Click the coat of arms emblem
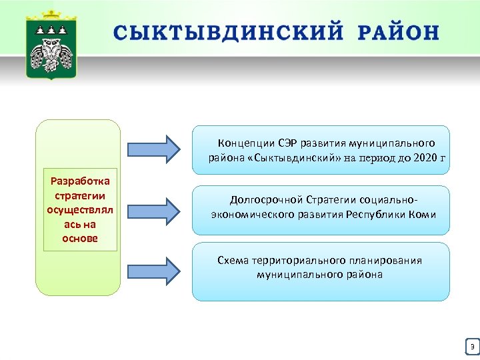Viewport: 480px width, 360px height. (x=51, y=47)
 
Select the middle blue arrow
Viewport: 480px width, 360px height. (x=152, y=209)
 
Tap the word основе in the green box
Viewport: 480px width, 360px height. (x=80, y=239)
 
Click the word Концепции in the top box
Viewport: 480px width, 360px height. (x=243, y=143)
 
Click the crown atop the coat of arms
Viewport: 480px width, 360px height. (x=51, y=15)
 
